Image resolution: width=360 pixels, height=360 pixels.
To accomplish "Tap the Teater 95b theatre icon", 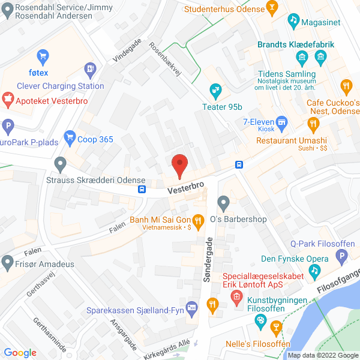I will pyautogui.click(x=215, y=92).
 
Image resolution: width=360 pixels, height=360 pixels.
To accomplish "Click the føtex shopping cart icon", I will pyautogui.click(x=43, y=58).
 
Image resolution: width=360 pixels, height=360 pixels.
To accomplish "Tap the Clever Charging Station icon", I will pyautogui.click(x=91, y=69).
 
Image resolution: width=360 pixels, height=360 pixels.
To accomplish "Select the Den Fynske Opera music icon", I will pyautogui.click(x=314, y=272).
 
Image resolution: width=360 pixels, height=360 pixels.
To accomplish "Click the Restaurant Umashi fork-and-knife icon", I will pyautogui.click(x=313, y=125).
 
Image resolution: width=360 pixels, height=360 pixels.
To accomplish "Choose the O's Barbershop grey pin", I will pyautogui.click(x=224, y=203).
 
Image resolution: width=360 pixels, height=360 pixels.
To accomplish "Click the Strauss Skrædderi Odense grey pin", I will pyautogui.click(x=60, y=163).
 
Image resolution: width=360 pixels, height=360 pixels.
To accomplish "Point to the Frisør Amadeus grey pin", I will pyautogui.click(x=8, y=262).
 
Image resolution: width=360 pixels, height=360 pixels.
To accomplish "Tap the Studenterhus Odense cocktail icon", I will pyautogui.click(x=272, y=8).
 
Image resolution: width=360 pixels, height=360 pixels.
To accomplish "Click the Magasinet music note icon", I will pyautogui.click(x=293, y=20).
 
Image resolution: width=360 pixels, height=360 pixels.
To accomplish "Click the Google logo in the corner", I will pyautogui.click(x=20, y=353).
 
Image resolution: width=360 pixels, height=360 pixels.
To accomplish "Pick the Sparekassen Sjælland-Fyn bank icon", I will pyautogui.click(x=192, y=308).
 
